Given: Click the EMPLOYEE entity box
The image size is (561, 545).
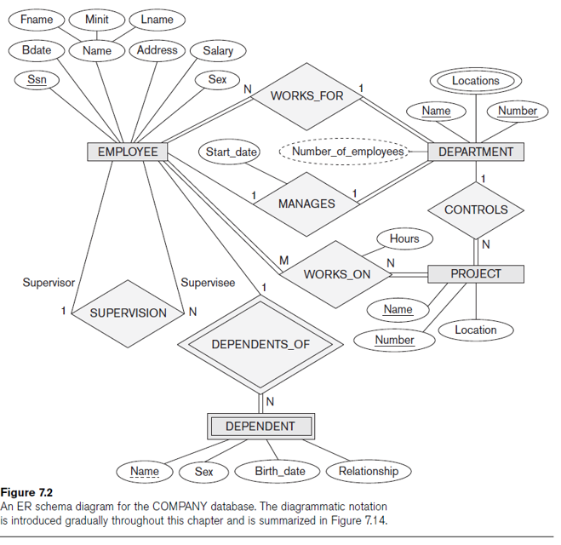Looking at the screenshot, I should pos(128,152).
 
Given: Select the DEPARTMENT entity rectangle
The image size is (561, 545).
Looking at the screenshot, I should pos(476,152).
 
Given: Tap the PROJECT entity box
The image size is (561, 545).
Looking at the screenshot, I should pos(476,273).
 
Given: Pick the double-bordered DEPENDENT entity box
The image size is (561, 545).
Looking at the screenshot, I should pos(260,426).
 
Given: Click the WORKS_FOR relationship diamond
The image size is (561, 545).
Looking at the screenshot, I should pos(306,95).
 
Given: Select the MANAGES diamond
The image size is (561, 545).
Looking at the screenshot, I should pos(306,204).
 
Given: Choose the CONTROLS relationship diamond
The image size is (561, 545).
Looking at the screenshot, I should pos(476,209).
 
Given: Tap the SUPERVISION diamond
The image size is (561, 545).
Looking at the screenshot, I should pos(129,313).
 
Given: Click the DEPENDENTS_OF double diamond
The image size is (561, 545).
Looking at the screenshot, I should pos(260,344).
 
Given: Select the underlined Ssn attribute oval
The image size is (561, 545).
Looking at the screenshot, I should pos(37,80).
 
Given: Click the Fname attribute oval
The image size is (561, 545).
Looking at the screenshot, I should pos(36,19).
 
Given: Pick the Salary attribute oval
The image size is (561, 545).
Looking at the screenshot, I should pos(218,51).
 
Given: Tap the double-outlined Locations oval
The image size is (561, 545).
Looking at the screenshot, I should pos(475,81).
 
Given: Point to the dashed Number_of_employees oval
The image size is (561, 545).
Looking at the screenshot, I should pos(344,152).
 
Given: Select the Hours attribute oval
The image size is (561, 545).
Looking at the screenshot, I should pos(404,238).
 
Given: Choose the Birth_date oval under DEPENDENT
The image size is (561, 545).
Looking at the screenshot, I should pos(280,471).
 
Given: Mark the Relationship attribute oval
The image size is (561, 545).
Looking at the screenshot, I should pos(368,471).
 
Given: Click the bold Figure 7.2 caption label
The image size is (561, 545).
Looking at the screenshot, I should pos(26,492).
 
